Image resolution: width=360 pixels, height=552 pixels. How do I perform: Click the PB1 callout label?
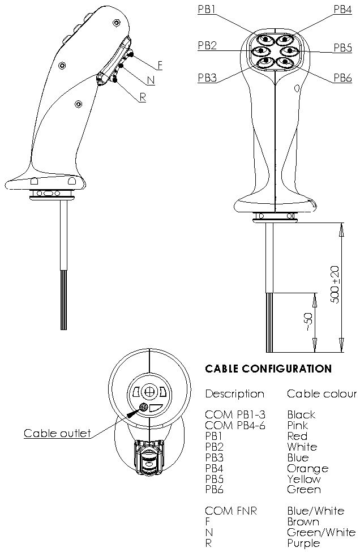(207, 10)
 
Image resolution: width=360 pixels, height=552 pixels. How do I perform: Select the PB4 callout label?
(342, 10)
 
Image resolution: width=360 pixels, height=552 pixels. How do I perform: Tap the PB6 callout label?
(342, 78)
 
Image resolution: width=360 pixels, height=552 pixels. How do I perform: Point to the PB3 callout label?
(207, 78)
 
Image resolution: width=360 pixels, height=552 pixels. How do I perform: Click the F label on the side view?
(160, 65)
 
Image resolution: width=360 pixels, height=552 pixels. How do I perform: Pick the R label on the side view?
(143, 97)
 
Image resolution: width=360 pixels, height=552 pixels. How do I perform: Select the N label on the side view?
(151, 80)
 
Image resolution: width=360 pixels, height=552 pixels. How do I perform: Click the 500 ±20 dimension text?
(335, 284)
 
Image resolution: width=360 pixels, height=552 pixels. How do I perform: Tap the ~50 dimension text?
(308, 320)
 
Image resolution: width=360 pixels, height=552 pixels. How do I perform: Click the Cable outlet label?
(57, 434)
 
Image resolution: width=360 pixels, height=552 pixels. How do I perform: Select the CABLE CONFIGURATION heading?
(268, 369)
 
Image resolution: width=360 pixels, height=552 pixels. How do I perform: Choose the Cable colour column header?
(322, 393)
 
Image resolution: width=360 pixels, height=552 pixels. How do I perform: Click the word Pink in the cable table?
(298, 425)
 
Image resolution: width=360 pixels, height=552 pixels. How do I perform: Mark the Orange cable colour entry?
(307, 468)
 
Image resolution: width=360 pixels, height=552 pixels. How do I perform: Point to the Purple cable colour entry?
(303, 543)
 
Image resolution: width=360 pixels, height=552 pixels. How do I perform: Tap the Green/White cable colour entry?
(321, 532)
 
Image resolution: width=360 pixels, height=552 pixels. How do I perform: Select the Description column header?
(234, 393)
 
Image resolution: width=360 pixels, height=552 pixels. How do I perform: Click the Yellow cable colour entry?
(304, 479)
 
